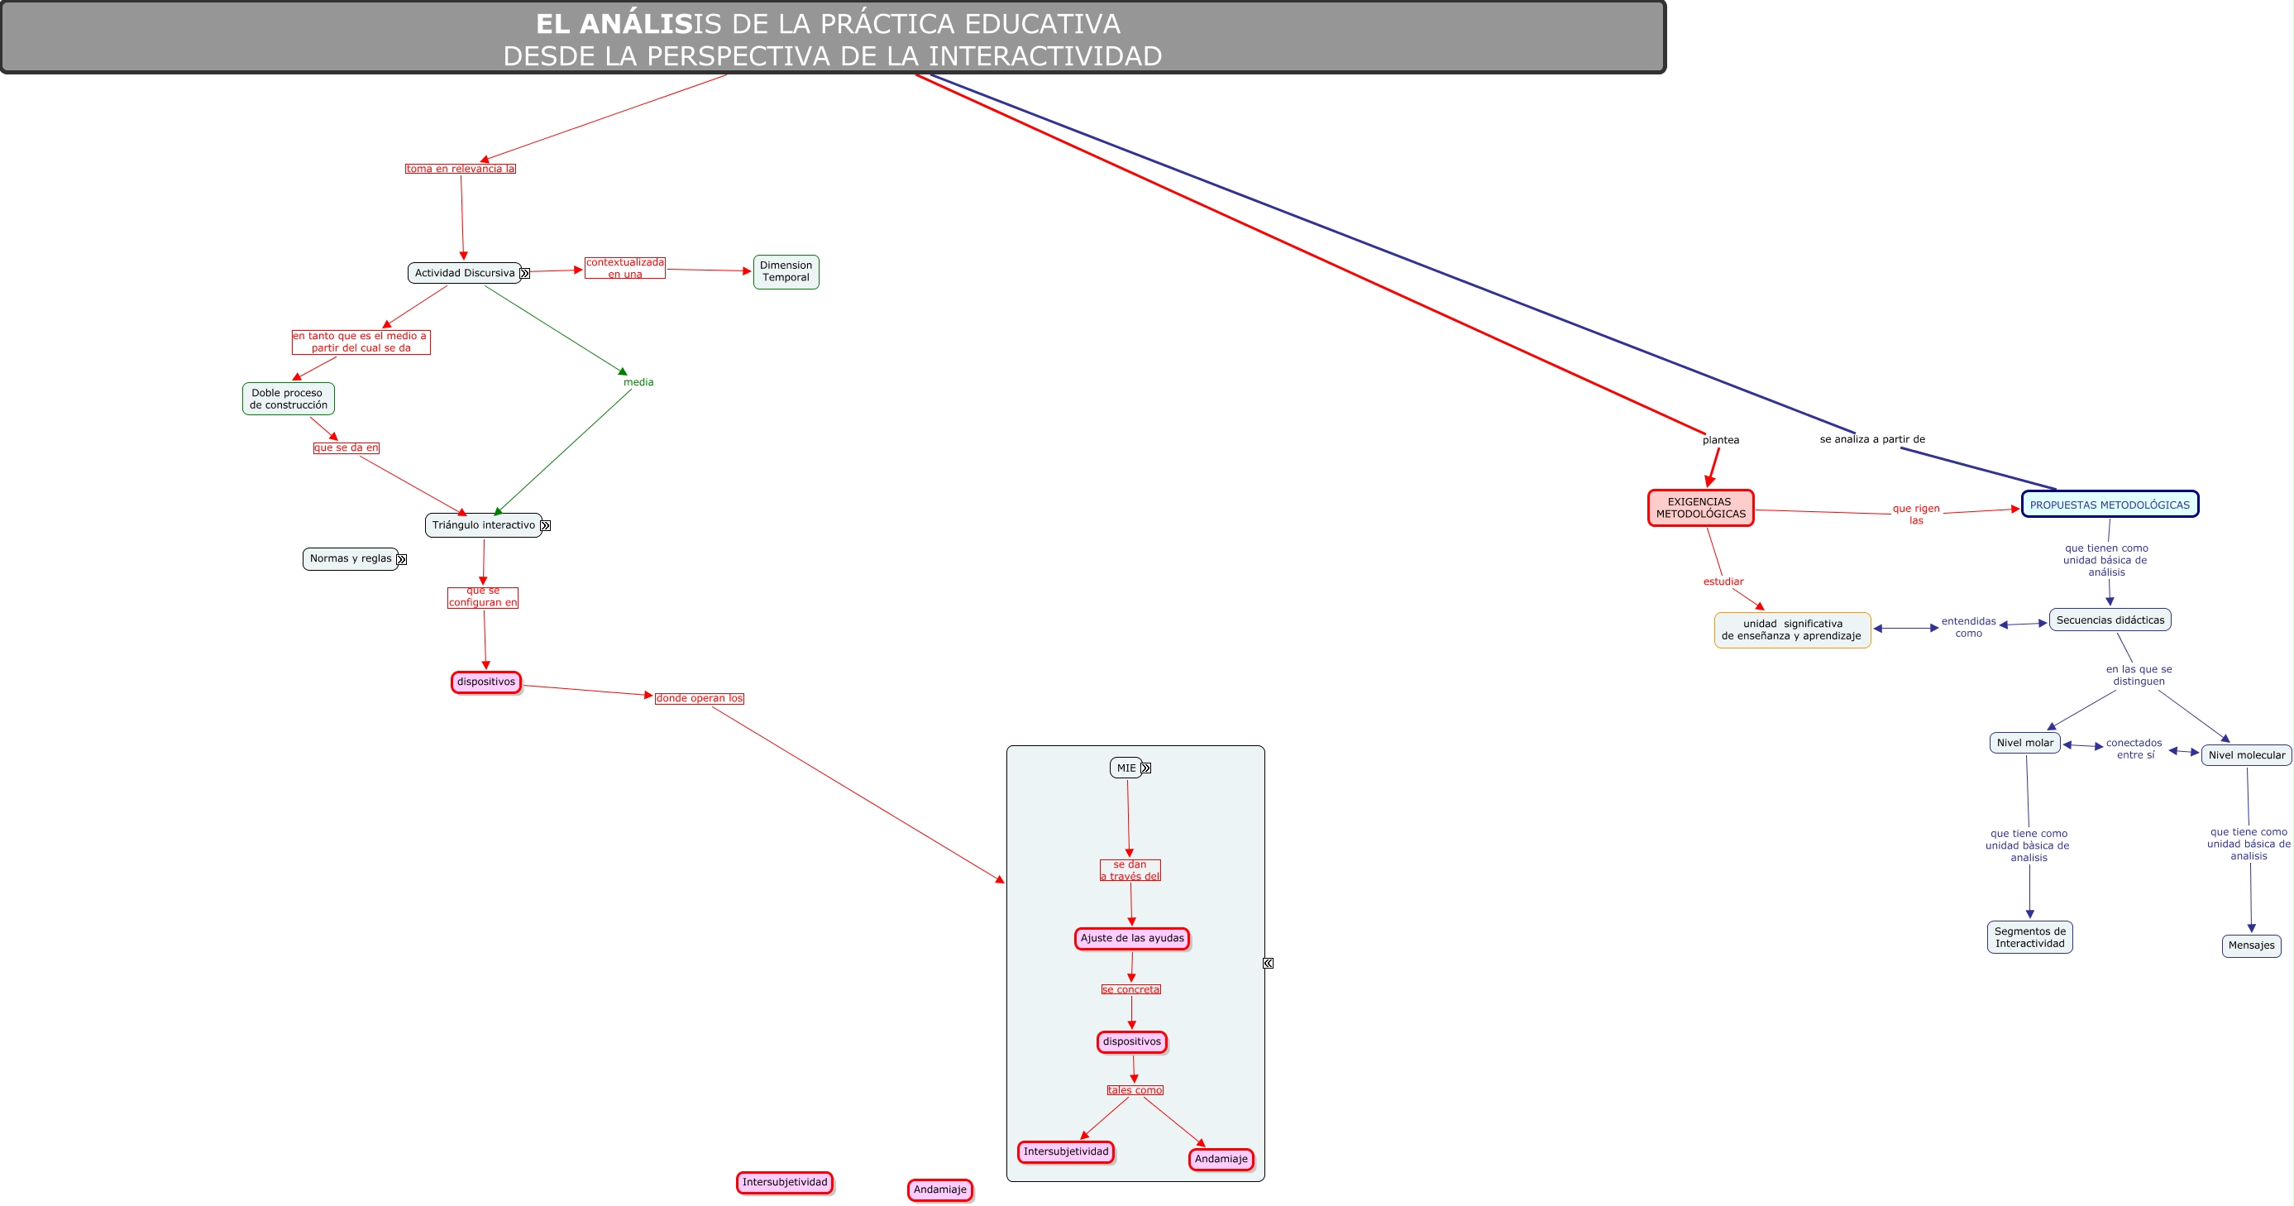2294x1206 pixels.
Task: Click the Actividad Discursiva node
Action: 464,274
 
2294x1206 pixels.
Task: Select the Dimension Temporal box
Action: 786,271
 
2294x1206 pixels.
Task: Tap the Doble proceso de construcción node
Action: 288,399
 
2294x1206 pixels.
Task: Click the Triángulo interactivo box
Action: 483,525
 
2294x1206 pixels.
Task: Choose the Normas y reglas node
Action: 350,559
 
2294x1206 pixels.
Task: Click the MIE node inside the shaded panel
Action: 1125,768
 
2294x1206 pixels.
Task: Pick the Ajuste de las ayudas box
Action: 1131,939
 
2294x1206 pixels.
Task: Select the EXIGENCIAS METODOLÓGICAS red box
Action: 1700,508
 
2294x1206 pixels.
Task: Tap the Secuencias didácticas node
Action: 2109,620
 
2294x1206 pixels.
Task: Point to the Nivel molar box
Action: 2024,743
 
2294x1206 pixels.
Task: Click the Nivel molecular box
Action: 2245,755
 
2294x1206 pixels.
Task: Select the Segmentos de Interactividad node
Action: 2029,937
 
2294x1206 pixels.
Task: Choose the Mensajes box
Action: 2250,946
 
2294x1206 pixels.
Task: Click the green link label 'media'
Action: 638,383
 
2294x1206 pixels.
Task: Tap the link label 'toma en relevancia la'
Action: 461,170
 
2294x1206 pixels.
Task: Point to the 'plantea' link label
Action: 1719,440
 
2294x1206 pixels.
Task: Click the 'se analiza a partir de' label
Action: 1871,439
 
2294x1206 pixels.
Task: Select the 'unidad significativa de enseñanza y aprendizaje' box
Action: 1791,629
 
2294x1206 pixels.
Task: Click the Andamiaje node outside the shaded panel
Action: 939,1190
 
